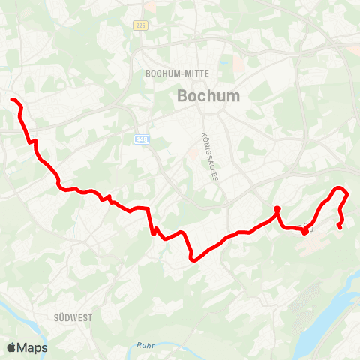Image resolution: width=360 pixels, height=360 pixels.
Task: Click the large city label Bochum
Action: [x=198, y=96]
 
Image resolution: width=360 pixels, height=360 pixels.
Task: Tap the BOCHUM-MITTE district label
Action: [x=178, y=73]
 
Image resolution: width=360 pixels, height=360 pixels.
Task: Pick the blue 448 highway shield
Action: [x=141, y=139]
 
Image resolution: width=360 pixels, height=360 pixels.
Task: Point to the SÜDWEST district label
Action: [x=73, y=318]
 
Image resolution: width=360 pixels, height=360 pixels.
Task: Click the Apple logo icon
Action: [x=12, y=347]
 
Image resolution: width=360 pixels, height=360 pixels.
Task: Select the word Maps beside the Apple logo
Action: [x=34, y=347]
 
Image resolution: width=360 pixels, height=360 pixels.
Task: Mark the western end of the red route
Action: [x=12, y=100]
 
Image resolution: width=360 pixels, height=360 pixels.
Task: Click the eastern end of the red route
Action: [x=340, y=226]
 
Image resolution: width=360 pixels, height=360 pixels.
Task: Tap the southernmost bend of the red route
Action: [x=193, y=259]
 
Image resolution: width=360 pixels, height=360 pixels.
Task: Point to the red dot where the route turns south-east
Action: [x=277, y=208]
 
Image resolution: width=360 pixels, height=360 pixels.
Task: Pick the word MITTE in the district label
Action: [x=197, y=73]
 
